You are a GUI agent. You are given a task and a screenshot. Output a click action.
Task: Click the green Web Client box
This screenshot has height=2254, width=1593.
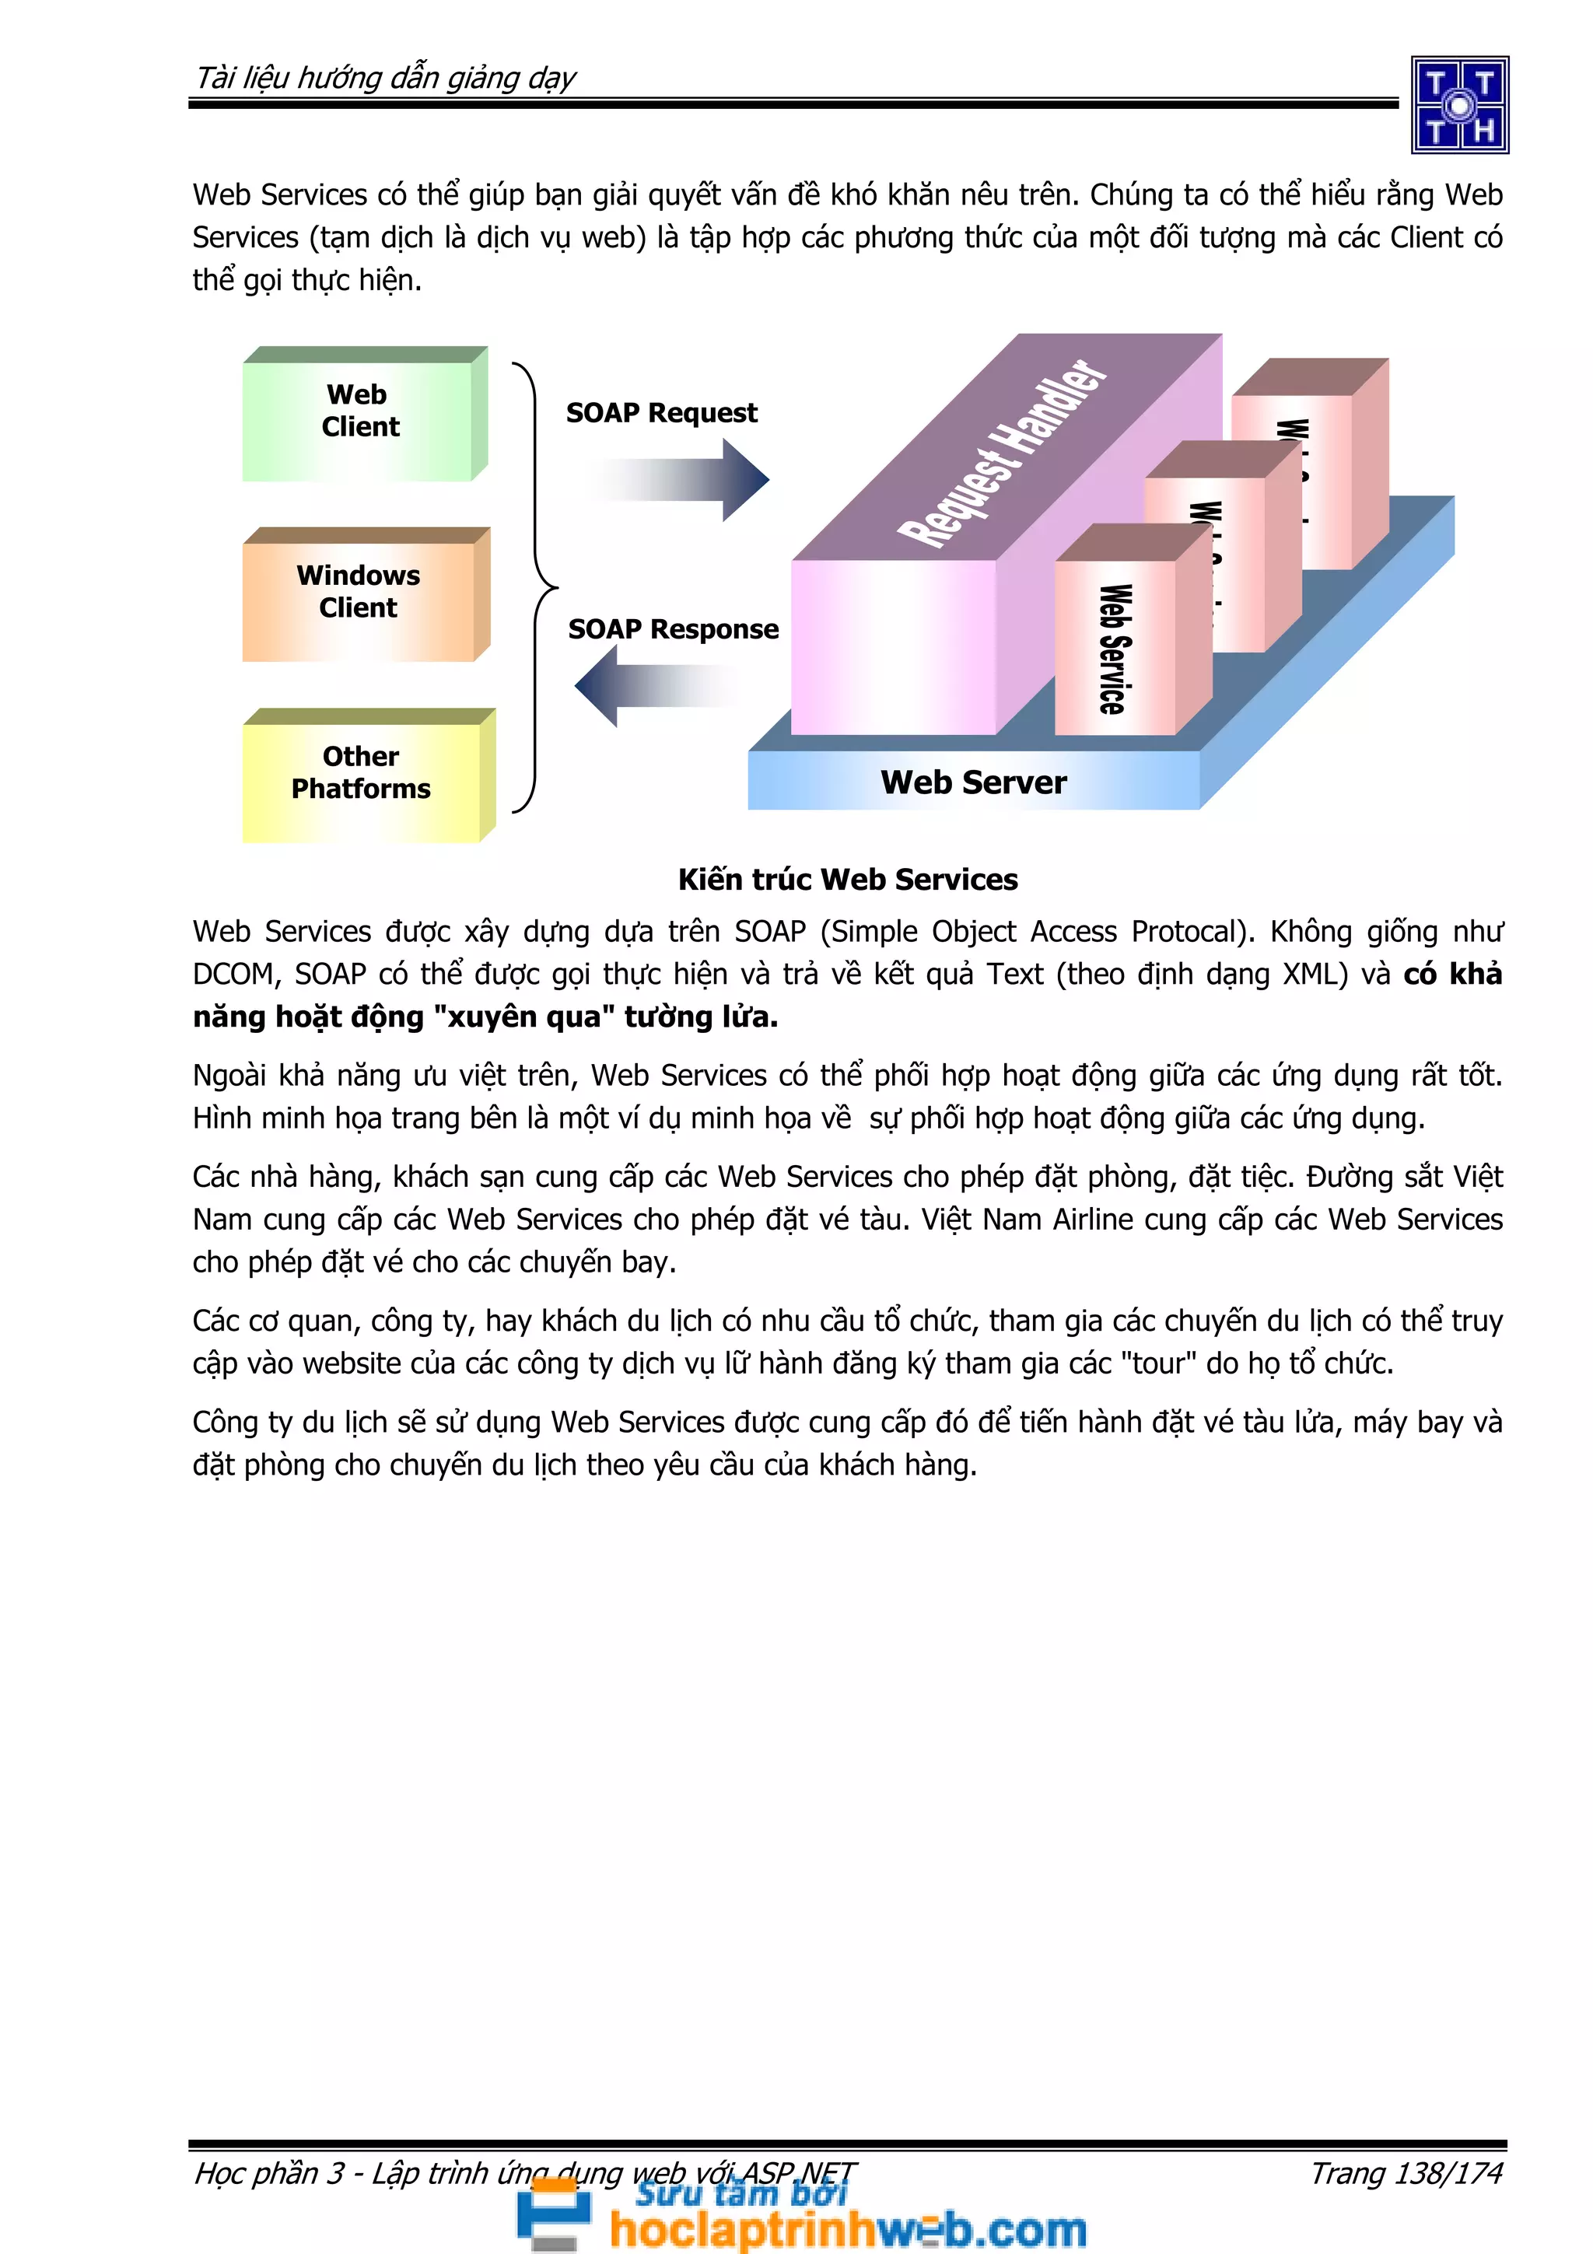click(x=360, y=416)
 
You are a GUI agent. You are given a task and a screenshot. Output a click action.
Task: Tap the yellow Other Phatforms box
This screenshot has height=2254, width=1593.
click(x=361, y=775)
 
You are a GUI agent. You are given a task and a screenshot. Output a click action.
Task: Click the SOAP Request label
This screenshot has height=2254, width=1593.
click(x=661, y=413)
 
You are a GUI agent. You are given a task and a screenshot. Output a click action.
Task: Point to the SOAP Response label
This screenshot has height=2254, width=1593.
click(x=674, y=629)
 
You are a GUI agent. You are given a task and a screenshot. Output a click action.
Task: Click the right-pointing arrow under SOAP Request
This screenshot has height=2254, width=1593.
click(x=687, y=480)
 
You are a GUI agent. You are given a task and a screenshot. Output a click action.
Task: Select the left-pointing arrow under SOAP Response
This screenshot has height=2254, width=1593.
click(x=656, y=686)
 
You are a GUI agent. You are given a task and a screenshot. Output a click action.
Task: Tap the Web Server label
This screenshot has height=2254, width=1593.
click(x=973, y=782)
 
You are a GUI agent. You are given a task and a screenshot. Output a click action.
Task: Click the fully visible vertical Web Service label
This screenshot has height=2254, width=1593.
click(x=1114, y=649)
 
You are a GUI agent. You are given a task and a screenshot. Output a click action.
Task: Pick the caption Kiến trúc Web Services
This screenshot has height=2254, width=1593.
click(x=848, y=880)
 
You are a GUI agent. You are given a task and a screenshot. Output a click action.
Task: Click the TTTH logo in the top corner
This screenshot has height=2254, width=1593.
click(x=1459, y=105)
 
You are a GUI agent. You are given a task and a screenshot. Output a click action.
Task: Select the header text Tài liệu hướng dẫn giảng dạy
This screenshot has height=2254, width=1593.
click(x=386, y=79)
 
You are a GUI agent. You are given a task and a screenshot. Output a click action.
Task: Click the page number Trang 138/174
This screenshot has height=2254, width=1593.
click(x=1406, y=2173)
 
